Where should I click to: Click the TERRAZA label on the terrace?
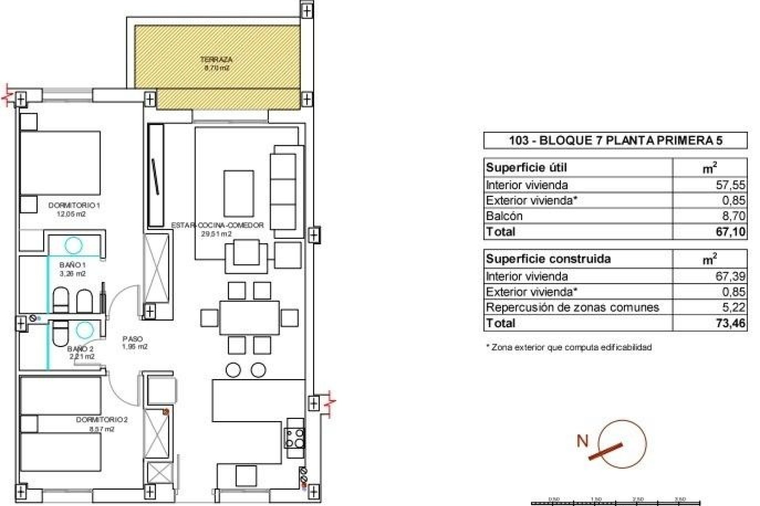click(x=216, y=60)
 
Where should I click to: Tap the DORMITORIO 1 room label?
click(x=74, y=206)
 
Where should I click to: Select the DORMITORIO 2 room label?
click(x=102, y=420)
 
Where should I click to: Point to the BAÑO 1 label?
click(x=72, y=265)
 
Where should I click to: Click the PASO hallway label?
click(x=133, y=339)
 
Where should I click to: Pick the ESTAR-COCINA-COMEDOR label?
click(x=217, y=225)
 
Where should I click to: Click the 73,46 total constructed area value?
click(x=730, y=323)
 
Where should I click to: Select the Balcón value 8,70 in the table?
click(x=733, y=216)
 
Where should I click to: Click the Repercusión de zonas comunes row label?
click(x=572, y=307)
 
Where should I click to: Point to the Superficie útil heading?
click(x=526, y=168)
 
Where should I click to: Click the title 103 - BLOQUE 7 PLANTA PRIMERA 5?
click(x=615, y=141)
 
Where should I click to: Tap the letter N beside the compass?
click(x=582, y=440)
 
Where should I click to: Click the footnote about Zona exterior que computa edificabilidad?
click(x=568, y=347)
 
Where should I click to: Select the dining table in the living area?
click(x=249, y=318)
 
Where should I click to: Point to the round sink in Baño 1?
click(x=73, y=245)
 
